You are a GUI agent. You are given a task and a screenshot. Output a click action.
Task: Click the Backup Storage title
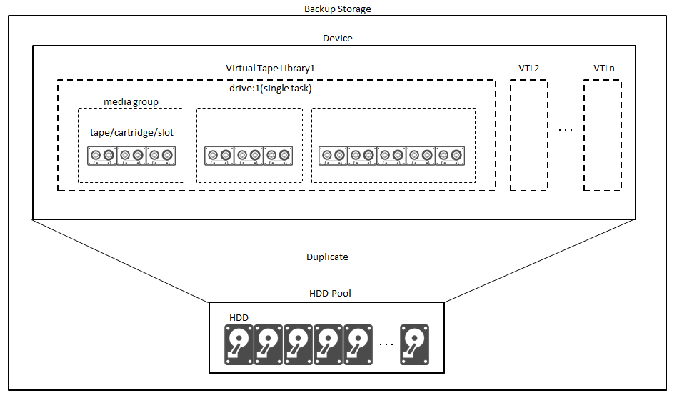click(x=338, y=9)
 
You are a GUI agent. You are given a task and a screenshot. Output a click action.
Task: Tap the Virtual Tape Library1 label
click(x=271, y=68)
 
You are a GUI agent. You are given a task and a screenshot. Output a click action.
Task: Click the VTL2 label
click(x=529, y=68)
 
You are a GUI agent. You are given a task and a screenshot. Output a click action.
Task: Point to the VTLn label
click(x=603, y=68)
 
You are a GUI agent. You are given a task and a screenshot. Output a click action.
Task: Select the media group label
click(x=131, y=102)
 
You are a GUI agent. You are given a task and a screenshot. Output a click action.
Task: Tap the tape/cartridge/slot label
click(x=131, y=133)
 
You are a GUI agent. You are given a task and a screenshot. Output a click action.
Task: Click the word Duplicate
click(x=327, y=257)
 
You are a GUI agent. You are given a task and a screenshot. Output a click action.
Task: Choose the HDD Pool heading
click(x=330, y=294)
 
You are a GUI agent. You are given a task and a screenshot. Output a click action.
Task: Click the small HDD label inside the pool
click(x=239, y=317)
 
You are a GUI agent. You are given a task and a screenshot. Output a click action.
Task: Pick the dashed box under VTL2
click(x=529, y=135)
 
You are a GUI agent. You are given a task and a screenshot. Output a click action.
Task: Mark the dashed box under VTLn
click(x=602, y=135)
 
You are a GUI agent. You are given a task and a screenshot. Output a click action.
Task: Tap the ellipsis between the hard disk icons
click(x=386, y=344)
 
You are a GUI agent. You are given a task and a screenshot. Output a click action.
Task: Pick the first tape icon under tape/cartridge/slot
click(x=101, y=156)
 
